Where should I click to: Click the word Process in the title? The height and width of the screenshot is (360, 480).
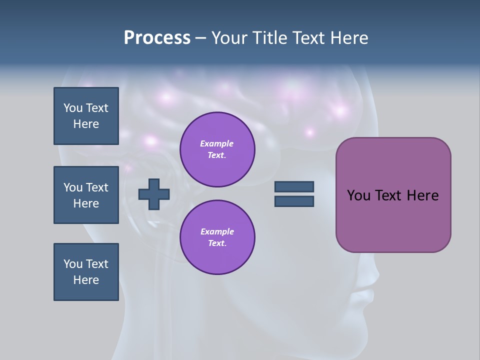[157, 38]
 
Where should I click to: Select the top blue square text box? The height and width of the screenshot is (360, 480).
[86, 116]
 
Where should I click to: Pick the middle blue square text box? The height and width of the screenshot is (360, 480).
[86, 195]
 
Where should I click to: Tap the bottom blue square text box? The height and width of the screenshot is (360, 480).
[86, 272]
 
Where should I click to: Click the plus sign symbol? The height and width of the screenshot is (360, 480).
[154, 193]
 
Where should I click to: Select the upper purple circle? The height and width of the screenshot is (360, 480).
[217, 149]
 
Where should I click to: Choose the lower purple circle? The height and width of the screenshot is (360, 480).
[217, 237]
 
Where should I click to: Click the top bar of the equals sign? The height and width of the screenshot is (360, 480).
[294, 186]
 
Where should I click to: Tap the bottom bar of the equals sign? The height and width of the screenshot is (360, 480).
[294, 201]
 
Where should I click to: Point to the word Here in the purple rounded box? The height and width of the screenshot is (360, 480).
[422, 195]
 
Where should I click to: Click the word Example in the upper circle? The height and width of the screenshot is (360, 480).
[216, 143]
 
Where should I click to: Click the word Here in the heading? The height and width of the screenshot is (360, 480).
[348, 38]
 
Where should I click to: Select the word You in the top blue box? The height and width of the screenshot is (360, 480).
[72, 108]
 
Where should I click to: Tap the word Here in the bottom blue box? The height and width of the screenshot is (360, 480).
[86, 280]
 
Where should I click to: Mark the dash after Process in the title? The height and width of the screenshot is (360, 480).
[200, 38]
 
